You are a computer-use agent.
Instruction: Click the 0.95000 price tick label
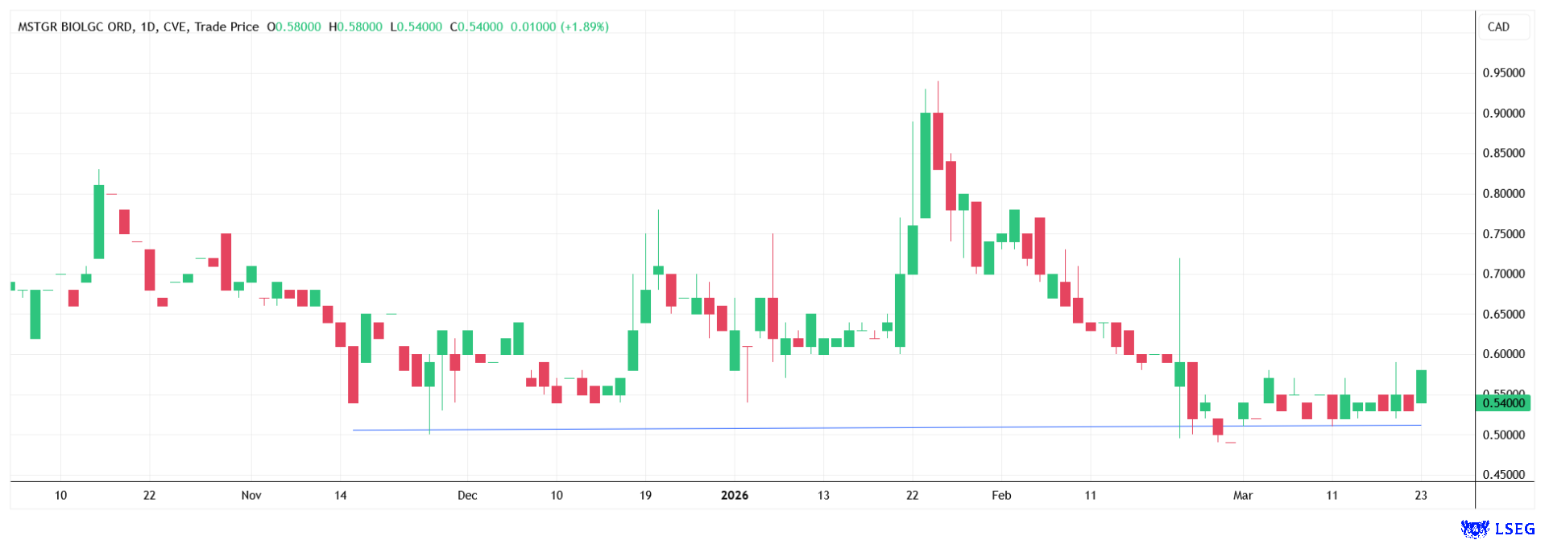tap(1503, 73)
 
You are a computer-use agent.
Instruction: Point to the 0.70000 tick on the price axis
tap(1503, 274)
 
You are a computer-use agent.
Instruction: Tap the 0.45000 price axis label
tap(1503, 475)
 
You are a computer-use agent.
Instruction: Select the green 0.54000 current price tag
tap(1503, 403)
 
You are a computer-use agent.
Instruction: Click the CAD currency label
tap(1498, 27)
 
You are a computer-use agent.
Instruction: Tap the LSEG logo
tap(1497, 528)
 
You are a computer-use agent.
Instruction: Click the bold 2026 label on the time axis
tap(734, 495)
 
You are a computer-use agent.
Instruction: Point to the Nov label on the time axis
tap(251, 495)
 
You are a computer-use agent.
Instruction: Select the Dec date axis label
tap(467, 495)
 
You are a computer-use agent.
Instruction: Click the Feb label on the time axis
tap(1001, 495)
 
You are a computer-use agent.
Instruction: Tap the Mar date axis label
tap(1243, 495)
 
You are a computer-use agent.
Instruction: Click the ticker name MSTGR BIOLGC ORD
tap(75, 27)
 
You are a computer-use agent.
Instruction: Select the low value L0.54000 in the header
tap(416, 27)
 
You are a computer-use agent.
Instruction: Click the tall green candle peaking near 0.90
tap(926, 165)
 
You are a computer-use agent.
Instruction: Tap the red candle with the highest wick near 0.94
tap(938, 141)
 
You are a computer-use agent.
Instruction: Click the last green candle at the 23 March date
tap(1421, 386)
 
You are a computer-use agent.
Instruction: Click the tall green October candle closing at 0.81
tap(99, 221)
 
